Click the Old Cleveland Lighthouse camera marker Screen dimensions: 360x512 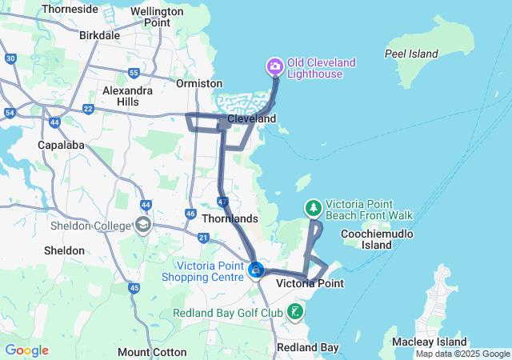point(274,66)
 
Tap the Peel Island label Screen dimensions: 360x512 point(411,54)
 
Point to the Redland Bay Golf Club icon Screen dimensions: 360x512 point(295,311)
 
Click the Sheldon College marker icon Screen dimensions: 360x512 point(143,226)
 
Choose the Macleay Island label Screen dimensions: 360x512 point(430,342)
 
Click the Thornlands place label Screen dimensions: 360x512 point(230,218)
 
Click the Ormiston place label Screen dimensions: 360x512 point(200,83)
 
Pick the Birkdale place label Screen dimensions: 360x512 point(100,35)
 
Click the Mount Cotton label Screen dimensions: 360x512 point(152,352)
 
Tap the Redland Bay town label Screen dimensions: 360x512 point(307,347)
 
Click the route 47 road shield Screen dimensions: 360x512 point(223,199)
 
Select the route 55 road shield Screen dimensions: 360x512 point(134,73)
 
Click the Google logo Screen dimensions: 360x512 point(26,350)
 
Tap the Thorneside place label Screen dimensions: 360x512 point(70,9)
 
